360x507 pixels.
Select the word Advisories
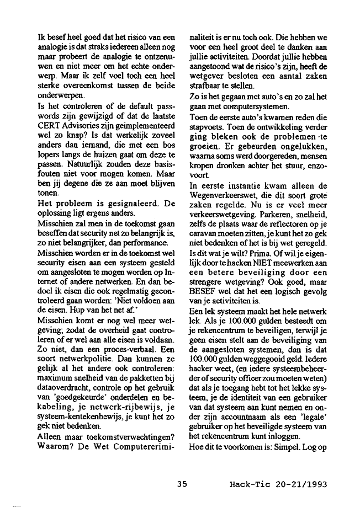pos(78,125)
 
